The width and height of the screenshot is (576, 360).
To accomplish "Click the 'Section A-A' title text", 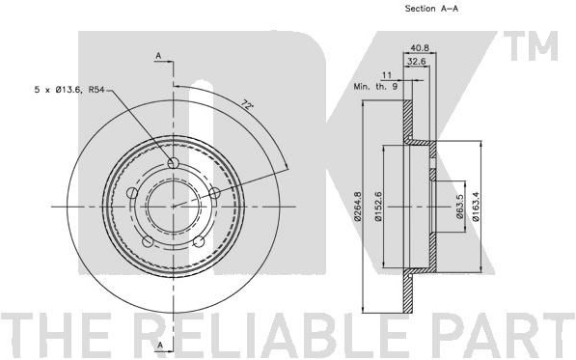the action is click(x=431, y=9).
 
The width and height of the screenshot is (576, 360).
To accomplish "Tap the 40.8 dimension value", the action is click(x=420, y=47).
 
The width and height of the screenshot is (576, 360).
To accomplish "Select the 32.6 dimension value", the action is click(x=417, y=62).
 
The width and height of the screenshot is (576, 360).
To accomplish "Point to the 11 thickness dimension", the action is click(x=387, y=75).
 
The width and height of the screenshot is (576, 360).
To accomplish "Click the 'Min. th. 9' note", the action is click(x=375, y=87).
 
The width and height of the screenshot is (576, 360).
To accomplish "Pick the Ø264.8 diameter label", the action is click(x=358, y=207).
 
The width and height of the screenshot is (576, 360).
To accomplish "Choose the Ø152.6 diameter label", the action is click(x=378, y=207).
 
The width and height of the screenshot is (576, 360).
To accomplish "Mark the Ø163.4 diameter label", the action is click(x=476, y=207).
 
